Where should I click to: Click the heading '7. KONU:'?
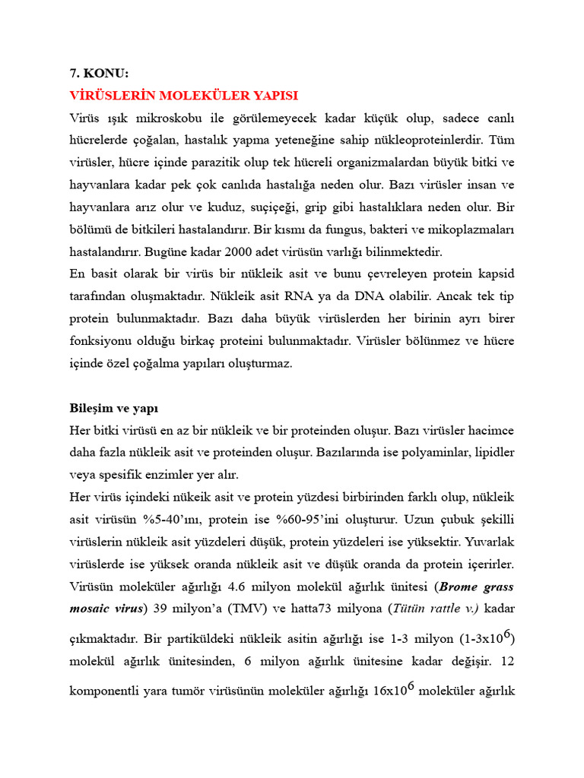tap(99, 74)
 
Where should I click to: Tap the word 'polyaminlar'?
tap(436, 452)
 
